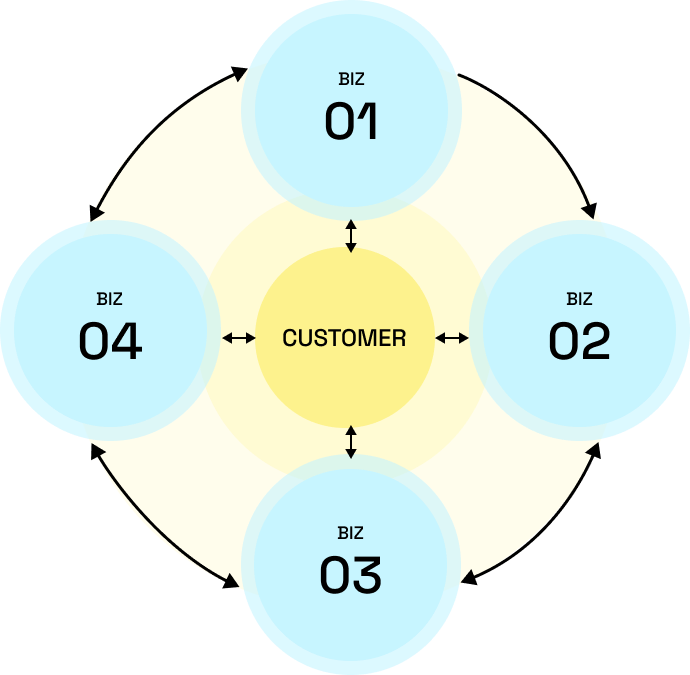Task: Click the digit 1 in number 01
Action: pyautogui.click(x=368, y=121)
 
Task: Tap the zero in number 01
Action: pyautogui.click(x=340, y=121)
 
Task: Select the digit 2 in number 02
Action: pyautogui.click(x=594, y=341)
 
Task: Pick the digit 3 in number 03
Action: pyautogui.click(x=366, y=575)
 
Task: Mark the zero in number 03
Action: pyautogui.click(x=335, y=575)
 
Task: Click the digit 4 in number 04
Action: pyautogui.click(x=126, y=341)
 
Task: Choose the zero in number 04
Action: pyautogui.click(x=94, y=341)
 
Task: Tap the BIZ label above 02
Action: pyautogui.click(x=579, y=299)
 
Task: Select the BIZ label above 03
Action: pyautogui.click(x=351, y=533)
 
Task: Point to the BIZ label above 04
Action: pyautogui.click(x=110, y=299)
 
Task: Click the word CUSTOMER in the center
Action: pyautogui.click(x=344, y=339)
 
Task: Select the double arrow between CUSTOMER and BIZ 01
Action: pyautogui.click(x=350, y=236)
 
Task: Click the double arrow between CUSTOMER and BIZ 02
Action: pyautogui.click(x=452, y=338)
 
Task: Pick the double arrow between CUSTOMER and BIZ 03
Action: pyautogui.click(x=350, y=441)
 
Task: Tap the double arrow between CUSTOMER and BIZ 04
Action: pyautogui.click(x=238, y=338)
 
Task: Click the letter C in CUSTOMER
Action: pyautogui.click(x=289, y=339)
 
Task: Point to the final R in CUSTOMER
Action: pyautogui.click(x=400, y=339)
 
